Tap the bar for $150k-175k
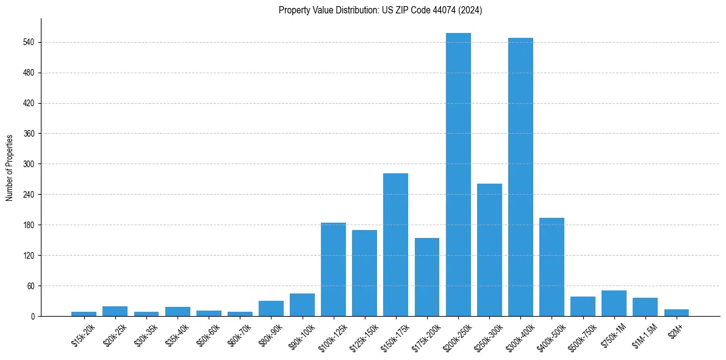tap(395, 245)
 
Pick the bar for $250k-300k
tap(489, 250)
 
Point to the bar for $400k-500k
tap(552, 267)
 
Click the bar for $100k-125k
tap(333, 269)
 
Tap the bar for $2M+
tap(676, 312)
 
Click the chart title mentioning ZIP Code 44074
tap(380, 10)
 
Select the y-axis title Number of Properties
tap(10, 167)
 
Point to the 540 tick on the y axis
tap(29, 42)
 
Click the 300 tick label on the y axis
tap(29, 164)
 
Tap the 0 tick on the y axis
tap(33, 316)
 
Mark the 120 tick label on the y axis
tap(29, 255)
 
